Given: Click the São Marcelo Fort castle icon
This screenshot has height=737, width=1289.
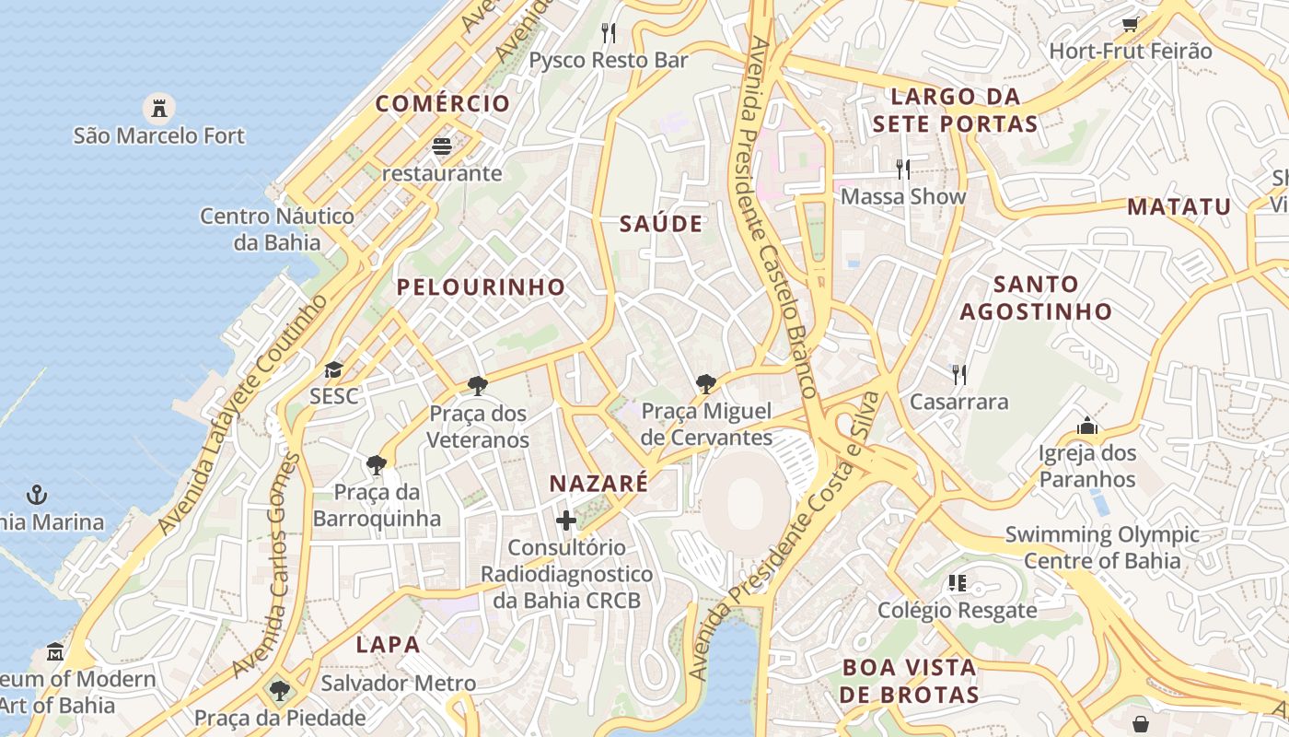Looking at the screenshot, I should tap(159, 108).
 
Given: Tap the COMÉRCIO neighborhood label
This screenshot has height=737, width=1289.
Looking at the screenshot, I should tap(442, 103).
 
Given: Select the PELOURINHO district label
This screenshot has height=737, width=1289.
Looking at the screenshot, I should tap(481, 287).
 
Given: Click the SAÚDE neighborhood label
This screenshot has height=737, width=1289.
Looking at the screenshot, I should tap(661, 224).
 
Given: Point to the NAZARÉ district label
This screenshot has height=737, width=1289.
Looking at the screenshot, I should tap(598, 483).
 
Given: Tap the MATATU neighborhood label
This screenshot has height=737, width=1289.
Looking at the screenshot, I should tap(1179, 206).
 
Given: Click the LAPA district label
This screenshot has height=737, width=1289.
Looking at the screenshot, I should tap(389, 645).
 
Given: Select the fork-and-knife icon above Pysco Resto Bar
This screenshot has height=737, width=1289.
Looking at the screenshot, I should tap(608, 33).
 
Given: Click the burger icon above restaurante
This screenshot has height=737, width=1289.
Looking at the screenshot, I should tap(442, 146).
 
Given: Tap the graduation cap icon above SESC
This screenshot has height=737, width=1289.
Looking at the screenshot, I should tap(333, 370).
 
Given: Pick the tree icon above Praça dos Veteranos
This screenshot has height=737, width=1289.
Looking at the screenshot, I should tap(477, 386).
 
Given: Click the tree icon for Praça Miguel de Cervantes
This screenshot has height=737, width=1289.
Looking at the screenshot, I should tap(706, 384).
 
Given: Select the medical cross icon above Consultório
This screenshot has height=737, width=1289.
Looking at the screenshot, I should tap(566, 521).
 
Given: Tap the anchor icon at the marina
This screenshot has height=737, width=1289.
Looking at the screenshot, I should tap(37, 496).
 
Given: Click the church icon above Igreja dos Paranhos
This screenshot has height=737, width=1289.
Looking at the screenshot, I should tap(1087, 427).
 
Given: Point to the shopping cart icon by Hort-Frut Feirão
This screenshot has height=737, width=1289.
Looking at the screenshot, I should tap(1130, 25).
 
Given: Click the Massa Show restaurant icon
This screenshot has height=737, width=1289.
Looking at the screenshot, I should tap(903, 170).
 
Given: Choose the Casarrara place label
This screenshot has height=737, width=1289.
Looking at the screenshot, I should tap(958, 402).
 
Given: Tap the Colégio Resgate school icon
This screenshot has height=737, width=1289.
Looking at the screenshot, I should tap(958, 583).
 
